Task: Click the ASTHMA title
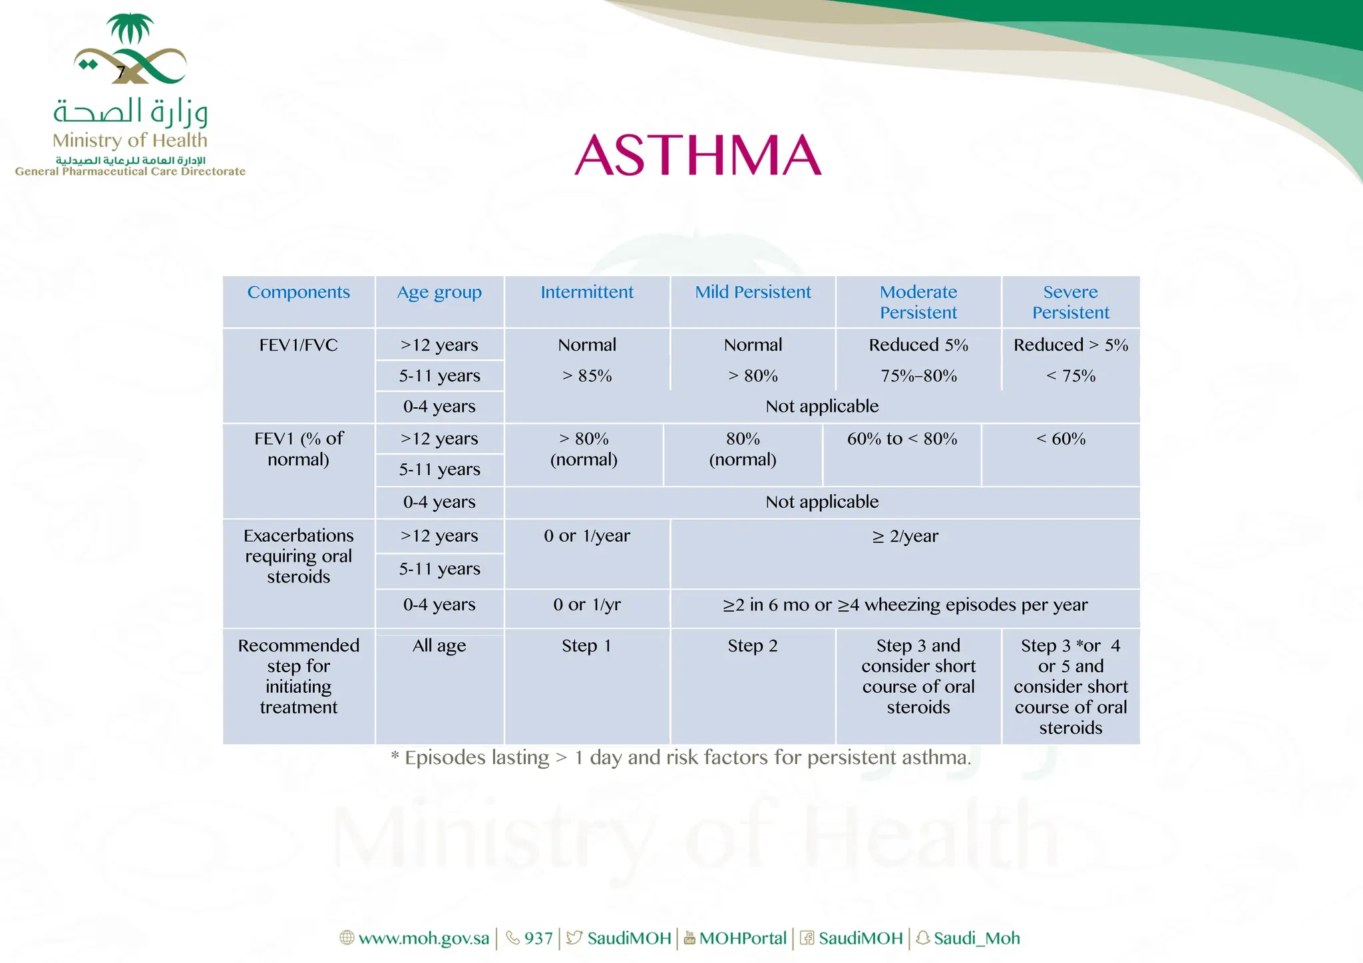[697, 154]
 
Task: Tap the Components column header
[298, 292]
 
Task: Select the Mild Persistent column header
[753, 292]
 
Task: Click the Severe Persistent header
[1070, 302]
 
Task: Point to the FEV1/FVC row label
[298, 345]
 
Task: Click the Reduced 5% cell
[918, 345]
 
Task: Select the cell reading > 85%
[587, 376]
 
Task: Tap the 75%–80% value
[918, 376]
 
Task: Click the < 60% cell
[1061, 439]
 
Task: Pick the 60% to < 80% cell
[902, 439]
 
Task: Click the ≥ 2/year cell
[905, 536]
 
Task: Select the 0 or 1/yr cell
[587, 605]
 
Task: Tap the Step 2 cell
[753, 646]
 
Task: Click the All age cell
[439, 646]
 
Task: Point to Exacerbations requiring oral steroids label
[298, 556]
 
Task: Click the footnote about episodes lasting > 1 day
[681, 758]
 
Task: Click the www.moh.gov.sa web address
[423, 938]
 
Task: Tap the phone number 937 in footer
[538, 938]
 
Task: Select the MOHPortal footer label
[742, 938]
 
